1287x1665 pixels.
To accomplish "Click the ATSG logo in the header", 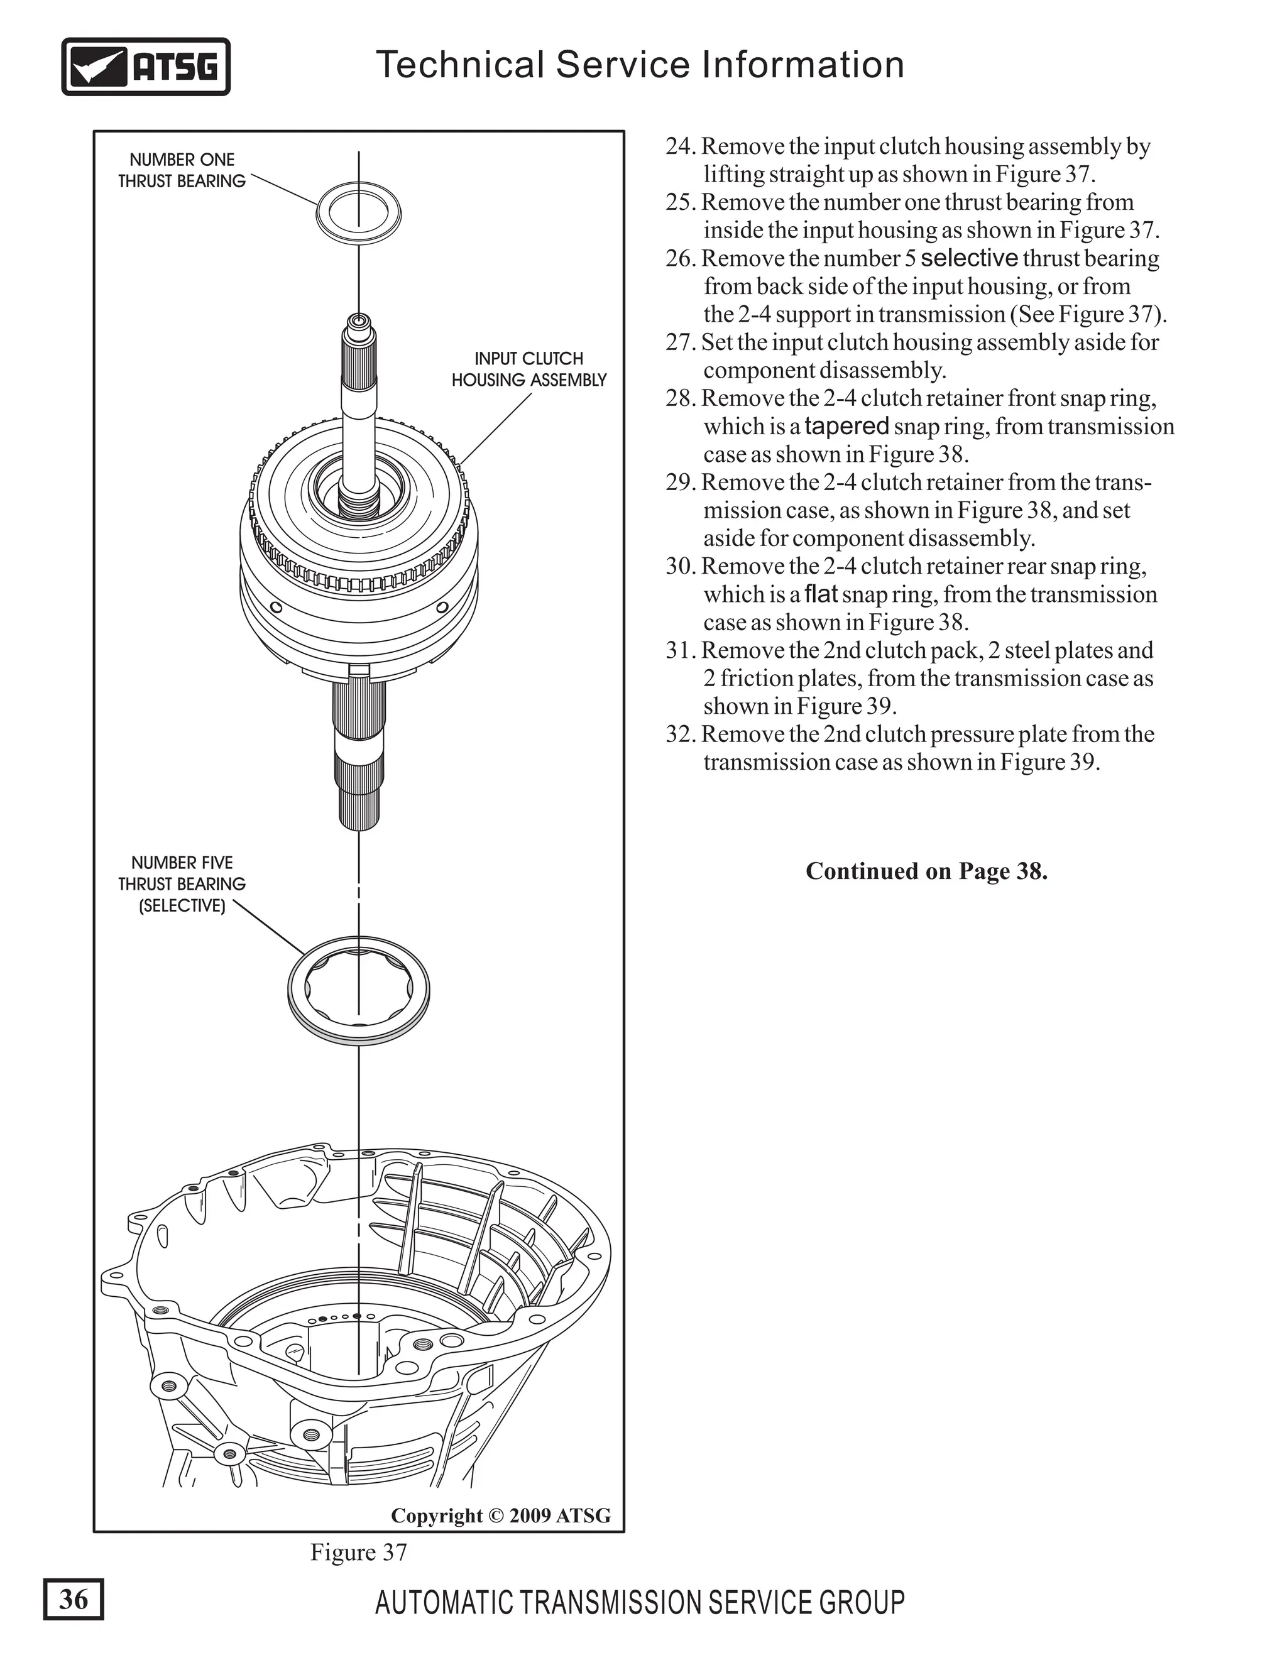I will pos(145,67).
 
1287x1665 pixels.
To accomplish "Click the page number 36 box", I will pos(73,1598).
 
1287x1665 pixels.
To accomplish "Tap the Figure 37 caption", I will pos(358,1552).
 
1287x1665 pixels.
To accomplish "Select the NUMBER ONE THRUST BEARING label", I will pos(182,171).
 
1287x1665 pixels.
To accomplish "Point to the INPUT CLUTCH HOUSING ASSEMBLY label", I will pos(528,369).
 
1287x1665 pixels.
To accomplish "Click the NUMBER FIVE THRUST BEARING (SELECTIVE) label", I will pos(182,883).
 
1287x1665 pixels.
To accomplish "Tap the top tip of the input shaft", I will pos(358,319).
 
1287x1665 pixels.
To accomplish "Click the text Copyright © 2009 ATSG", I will pos(500,1515).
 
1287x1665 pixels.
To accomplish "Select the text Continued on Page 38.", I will pos(926,871).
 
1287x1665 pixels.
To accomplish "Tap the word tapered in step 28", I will pos(846,425).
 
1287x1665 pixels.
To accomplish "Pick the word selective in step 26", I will pos(968,258).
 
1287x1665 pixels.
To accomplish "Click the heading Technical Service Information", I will pos(640,64).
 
